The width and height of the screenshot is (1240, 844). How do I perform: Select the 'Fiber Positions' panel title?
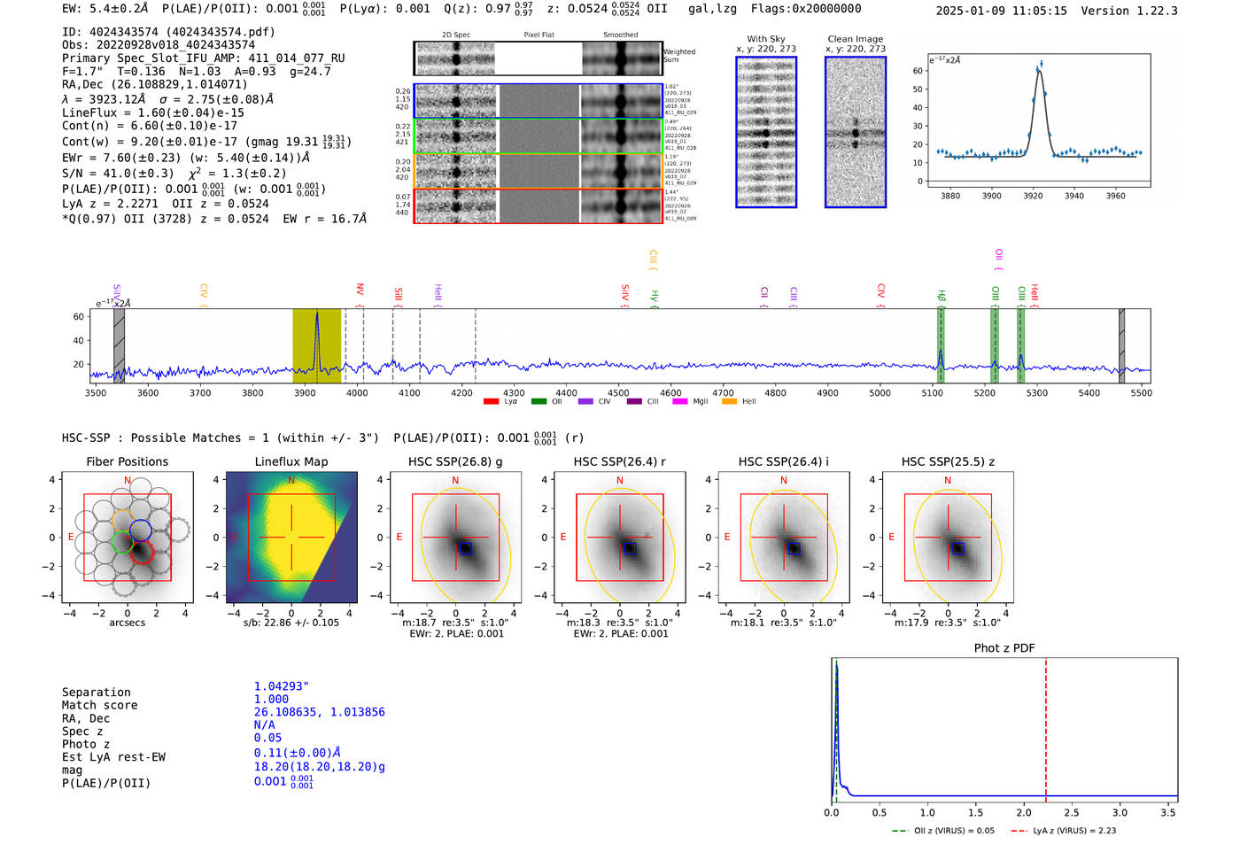[x=127, y=461]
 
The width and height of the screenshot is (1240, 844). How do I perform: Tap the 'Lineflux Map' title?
[x=291, y=461]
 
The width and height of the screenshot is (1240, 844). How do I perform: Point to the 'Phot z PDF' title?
[x=1004, y=648]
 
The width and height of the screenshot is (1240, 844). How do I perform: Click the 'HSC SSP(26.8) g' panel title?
[x=455, y=461]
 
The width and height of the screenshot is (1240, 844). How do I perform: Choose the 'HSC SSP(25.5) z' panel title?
[x=948, y=461]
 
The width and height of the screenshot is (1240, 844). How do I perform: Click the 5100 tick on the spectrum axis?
[x=932, y=392]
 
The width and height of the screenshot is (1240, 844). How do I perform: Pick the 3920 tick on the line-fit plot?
[x=1033, y=196]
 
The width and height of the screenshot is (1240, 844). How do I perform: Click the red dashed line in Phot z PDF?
[x=1045, y=726]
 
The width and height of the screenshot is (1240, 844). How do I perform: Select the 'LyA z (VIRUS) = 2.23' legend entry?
[x=1073, y=831]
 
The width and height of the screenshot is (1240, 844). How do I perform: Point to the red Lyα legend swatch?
[x=491, y=401]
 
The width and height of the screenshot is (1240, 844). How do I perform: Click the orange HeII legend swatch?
[x=729, y=401]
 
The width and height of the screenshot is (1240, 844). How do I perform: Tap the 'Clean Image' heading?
[x=855, y=39]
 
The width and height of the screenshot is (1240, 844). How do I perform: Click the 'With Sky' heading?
[x=765, y=39]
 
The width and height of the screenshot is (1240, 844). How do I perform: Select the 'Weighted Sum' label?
[x=678, y=56]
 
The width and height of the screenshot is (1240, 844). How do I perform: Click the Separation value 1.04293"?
[x=281, y=686]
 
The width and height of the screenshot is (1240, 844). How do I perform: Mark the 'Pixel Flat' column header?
[x=539, y=35]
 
